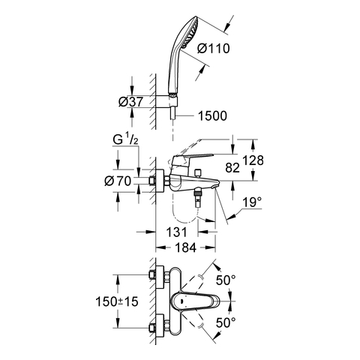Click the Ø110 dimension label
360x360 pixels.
point(213,49)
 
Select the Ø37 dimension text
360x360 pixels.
point(130,102)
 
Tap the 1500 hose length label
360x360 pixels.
point(212,115)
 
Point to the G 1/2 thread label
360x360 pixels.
point(125,139)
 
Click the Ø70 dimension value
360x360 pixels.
point(118,181)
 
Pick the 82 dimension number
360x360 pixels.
point(232,167)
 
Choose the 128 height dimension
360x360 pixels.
point(253,160)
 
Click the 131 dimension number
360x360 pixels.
point(176,232)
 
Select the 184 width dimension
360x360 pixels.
point(186,247)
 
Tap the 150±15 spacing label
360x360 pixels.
point(117,301)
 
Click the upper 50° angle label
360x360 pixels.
point(226,280)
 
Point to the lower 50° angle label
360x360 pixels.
point(226,322)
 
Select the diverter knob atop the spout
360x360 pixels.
point(199,172)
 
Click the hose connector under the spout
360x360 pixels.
point(198,198)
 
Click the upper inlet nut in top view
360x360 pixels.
point(151,274)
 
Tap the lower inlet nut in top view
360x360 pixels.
point(151,328)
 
